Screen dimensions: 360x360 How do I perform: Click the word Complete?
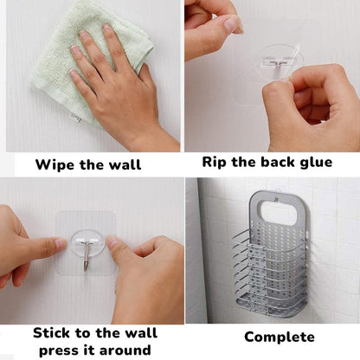(x=280, y=337)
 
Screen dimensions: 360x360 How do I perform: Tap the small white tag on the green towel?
(x=75, y=118)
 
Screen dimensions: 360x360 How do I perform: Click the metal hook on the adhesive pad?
(x=87, y=255)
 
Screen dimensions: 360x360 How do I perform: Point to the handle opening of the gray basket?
(x=279, y=213)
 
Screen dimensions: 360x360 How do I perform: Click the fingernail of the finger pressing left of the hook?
(x=61, y=244)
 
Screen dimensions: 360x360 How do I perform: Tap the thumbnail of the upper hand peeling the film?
(x=233, y=22)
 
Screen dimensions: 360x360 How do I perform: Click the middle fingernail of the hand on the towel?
(x=84, y=35)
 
